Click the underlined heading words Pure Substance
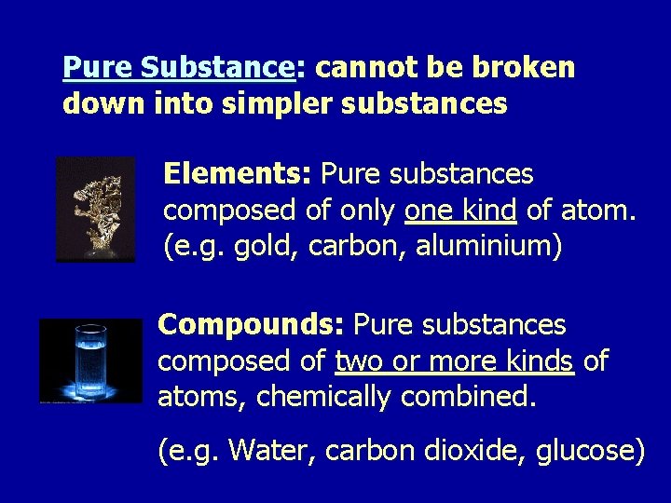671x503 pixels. pos(178,67)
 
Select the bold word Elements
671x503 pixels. pos(238,173)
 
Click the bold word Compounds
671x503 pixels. pos(251,324)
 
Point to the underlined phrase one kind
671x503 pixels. pos(460,211)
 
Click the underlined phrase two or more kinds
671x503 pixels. pos(454,361)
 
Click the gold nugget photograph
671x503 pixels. pos(95,210)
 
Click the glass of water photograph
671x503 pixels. pos(90,361)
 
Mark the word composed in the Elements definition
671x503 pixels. pos(228,211)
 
